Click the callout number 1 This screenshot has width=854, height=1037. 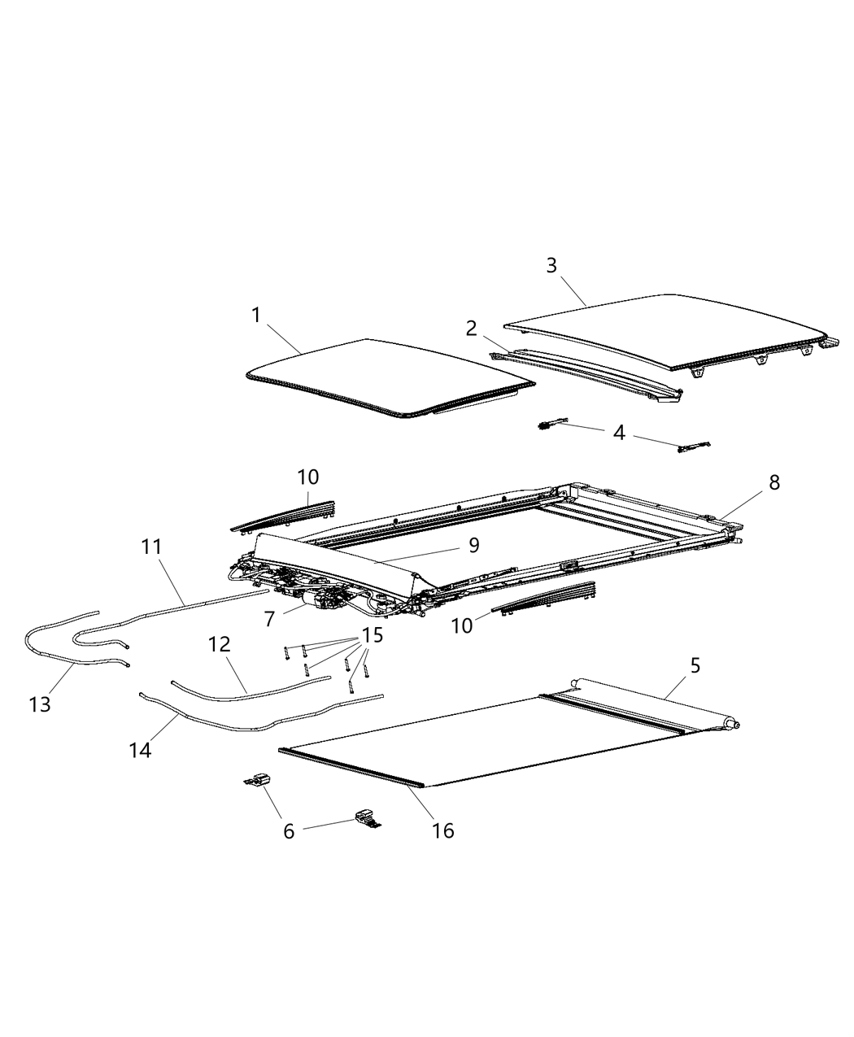coord(256,316)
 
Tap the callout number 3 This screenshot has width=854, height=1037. coord(551,266)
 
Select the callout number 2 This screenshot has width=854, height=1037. coord(472,329)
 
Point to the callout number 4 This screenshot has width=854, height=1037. coord(619,434)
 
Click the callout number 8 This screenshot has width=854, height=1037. coord(773,482)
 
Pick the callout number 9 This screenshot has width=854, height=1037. coord(473,545)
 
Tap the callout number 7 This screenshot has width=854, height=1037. coord(269,619)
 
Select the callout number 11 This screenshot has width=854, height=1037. coord(151,547)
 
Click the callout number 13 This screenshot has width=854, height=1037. coord(40,704)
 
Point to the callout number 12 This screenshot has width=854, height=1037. coord(220,645)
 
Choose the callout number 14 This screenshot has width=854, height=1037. coord(140,750)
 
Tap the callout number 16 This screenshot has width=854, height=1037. coord(444,830)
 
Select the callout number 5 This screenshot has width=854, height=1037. coord(695,665)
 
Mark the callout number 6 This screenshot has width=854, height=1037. coord(290,831)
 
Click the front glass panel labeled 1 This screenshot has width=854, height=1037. coord(382,378)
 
